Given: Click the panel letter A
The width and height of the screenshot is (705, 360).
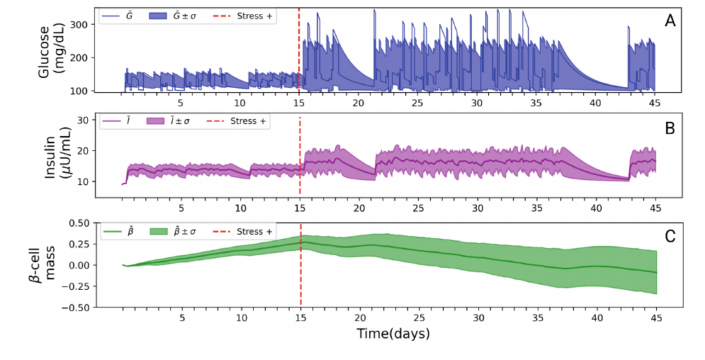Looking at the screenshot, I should pos(670,21).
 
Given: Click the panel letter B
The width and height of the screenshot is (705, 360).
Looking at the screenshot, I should pos(670,129).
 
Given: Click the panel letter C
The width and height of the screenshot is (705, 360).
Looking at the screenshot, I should pos(670,237).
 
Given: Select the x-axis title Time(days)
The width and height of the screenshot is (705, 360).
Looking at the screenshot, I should pos(393,332).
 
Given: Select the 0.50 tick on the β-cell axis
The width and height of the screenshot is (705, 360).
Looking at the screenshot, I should pos(74,223).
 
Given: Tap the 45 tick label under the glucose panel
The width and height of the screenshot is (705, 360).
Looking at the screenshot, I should pos(655,103).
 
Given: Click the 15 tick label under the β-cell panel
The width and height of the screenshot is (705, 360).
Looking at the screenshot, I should pos(300,318).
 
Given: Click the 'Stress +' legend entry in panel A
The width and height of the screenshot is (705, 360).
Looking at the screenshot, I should pos(252,15).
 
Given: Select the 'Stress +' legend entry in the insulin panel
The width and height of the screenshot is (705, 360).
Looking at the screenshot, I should pos(248,121).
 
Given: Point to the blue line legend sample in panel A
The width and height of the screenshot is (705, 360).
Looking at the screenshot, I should pos(111,15).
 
